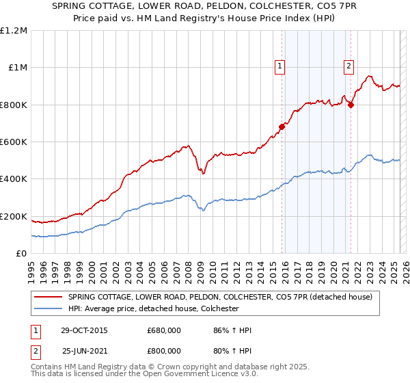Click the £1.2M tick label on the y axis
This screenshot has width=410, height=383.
click(14, 30)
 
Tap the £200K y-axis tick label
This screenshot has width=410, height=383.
click(14, 216)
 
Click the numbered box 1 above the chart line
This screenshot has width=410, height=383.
click(280, 66)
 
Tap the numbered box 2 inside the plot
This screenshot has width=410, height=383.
click(348, 66)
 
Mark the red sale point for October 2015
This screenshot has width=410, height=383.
click(282, 127)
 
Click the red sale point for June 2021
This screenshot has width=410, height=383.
click(351, 105)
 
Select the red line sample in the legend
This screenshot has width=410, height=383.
click(48, 297)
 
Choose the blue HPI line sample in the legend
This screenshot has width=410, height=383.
click(48, 309)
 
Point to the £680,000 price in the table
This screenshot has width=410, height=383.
click(164, 330)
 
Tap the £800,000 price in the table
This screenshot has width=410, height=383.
click(164, 351)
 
